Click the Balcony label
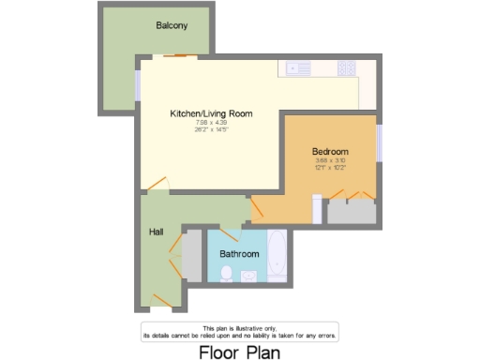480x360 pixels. pos(172,25)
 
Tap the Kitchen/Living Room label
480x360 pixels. pos(198,113)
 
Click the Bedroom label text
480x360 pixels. pos(330,152)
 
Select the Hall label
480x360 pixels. pos(156,231)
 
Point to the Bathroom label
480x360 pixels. pos(239,253)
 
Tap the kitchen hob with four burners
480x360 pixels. pos(347,67)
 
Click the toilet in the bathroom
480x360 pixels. pos(227,273)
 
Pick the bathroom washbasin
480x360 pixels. pos(249,275)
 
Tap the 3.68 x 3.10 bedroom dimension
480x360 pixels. pos(330,161)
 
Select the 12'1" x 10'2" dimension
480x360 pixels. pos(330,168)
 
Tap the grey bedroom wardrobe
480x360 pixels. pos(351,211)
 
